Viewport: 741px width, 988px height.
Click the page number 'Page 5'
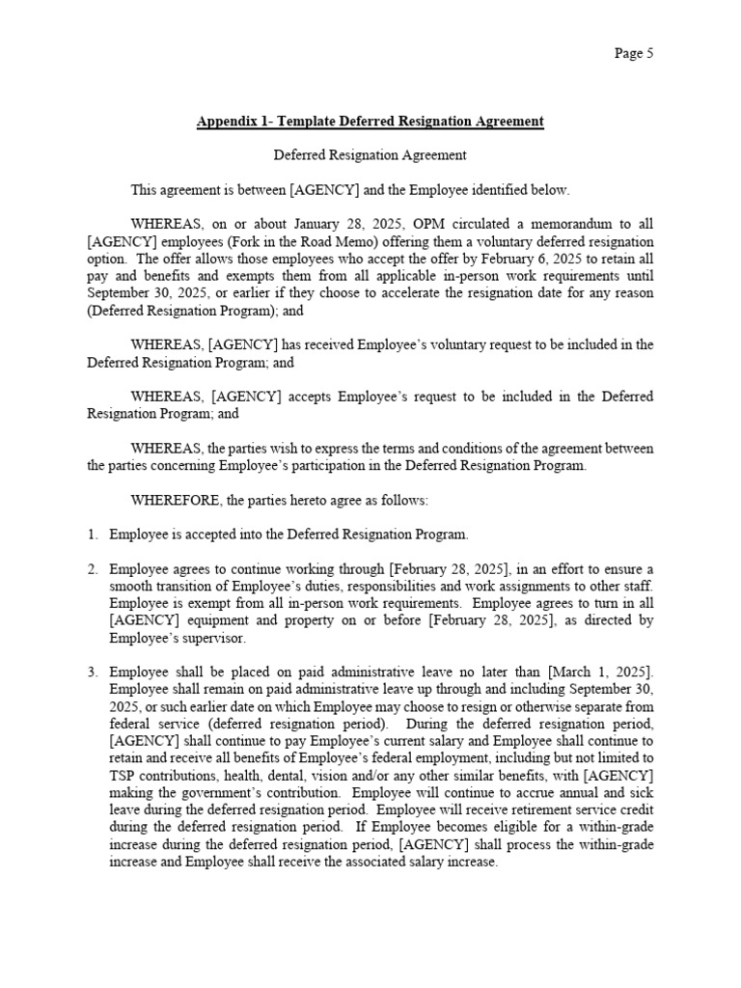pos(634,54)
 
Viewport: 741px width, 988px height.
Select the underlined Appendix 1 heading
pos(370,122)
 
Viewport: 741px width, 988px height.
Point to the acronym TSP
pos(123,776)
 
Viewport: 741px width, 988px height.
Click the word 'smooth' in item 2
pos(132,586)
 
